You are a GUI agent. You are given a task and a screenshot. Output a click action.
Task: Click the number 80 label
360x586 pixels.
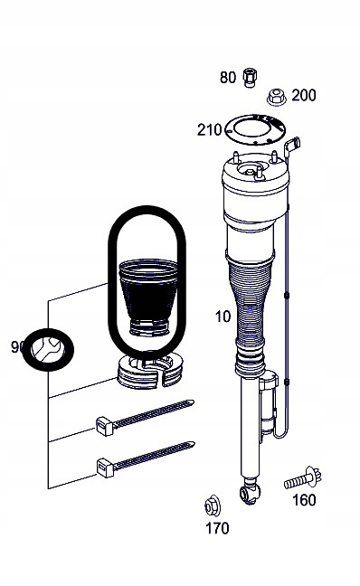click(x=227, y=78)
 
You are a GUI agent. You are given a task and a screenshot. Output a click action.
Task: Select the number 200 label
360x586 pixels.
click(x=303, y=95)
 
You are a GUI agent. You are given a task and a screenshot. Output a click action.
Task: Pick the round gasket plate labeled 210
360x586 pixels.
click(x=251, y=130)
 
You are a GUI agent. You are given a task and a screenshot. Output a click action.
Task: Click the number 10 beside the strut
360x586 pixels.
click(x=223, y=317)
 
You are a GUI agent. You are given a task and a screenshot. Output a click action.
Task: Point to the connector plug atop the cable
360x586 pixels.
click(x=291, y=146)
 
